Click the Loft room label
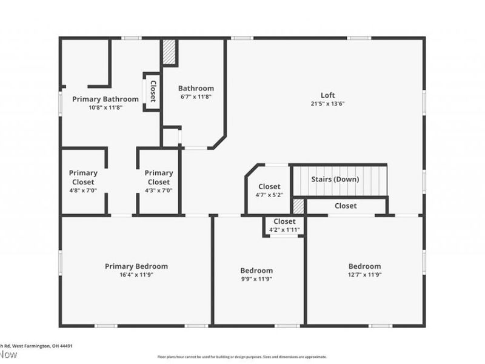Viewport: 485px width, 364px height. (x=328, y=95)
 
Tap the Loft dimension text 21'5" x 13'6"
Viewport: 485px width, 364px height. (x=328, y=104)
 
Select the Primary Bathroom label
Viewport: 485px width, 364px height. (x=105, y=99)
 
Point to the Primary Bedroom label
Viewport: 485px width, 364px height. (x=136, y=266)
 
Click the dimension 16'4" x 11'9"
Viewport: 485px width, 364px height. (x=136, y=275)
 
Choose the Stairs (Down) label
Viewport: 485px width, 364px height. (x=335, y=180)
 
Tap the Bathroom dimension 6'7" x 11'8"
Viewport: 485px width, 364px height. (x=196, y=96)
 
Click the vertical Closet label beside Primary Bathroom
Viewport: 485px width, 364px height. (x=153, y=92)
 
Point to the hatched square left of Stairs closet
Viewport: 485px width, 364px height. (x=298, y=205)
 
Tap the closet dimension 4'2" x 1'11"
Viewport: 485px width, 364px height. (x=284, y=230)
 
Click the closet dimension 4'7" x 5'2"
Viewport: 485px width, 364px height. (x=269, y=195)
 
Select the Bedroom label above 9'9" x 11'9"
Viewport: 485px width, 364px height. (x=256, y=271)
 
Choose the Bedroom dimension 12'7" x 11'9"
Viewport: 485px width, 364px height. (x=364, y=275)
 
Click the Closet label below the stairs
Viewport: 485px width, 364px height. (x=346, y=206)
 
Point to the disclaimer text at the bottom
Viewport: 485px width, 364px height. (x=242, y=357)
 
